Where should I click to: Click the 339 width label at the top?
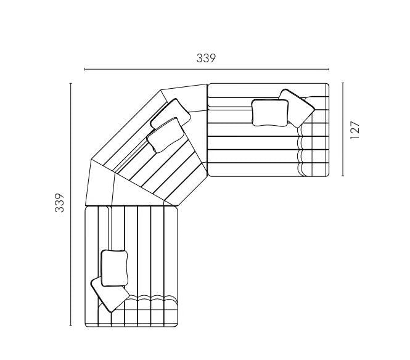pyautogui.click(x=206, y=59)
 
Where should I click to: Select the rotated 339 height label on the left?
pyautogui.click(x=59, y=203)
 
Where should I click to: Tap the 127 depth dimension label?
pyautogui.click(x=355, y=130)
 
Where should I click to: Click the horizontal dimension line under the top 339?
pyautogui.click(x=206, y=69)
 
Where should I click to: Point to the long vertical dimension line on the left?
pyautogui.click(x=71, y=203)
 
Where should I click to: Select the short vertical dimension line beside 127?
pyautogui.click(x=342, y=130)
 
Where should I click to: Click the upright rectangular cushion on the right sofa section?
pyautogui.click(x=270, y=113)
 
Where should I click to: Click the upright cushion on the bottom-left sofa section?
pyautogui.click(x=114, y=268)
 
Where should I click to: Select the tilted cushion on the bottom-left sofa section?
pyautogui.click(x=109, y=296)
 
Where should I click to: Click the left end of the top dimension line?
pyautogui.click(x=85, y=69)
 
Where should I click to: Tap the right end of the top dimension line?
pyautogui.click(x=329, y=69)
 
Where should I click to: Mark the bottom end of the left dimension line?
pyautogui.click(x=71, y=325)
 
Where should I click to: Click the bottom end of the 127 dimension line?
pyautogui.click(x=342, y=176)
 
